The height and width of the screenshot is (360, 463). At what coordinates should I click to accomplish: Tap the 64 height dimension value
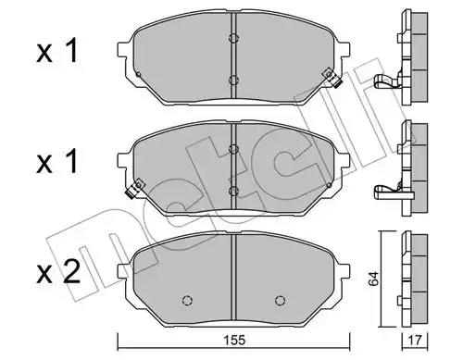click(x=374, y=279)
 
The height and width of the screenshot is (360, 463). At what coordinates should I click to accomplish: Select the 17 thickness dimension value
click(x=414, y=341)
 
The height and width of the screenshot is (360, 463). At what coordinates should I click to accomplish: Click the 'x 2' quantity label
click(x=58, y=272)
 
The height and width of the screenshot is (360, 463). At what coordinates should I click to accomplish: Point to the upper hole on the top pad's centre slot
click(x=233, y=38)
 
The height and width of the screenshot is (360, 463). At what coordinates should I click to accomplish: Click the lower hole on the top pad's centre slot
click(x=233, y=81)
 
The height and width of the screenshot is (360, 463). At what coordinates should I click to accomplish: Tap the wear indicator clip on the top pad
click(x=332, y=79)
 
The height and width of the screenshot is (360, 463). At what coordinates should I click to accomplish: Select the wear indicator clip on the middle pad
click(x=135, y=188)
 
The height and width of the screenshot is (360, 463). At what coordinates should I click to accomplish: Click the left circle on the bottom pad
click(x=188, y=300)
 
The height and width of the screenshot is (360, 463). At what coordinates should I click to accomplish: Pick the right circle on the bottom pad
click(x=280, y=300)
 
